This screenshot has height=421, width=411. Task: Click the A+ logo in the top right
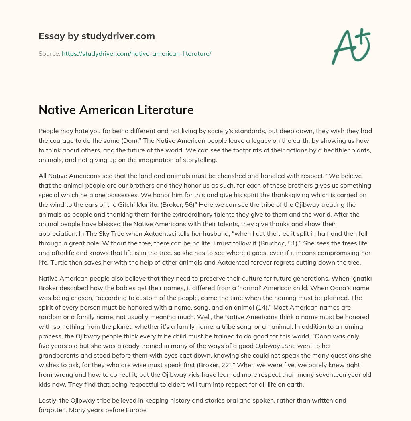click(x=350, y=46)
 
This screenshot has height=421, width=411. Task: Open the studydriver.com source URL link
click(x=136, y=53)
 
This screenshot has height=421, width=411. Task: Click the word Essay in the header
click(x=49, y=36)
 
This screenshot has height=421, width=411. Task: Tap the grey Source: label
click(x=49, y=53)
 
